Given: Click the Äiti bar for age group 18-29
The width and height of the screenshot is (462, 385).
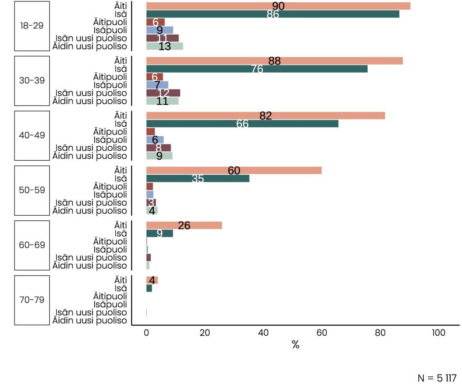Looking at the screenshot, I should coord(278,6).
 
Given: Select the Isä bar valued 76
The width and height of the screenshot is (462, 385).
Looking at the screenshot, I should coord(257,69).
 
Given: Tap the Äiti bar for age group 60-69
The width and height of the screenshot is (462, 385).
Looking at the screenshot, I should coord(184,225).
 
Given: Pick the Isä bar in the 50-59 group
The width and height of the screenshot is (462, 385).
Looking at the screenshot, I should coord(198,178).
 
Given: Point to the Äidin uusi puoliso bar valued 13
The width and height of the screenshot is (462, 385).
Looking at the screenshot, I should coord(165,46).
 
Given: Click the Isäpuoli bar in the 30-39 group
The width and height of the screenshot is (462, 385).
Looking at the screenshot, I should coord(157,85).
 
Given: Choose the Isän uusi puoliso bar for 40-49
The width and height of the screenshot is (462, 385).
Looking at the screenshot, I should coord(158,148).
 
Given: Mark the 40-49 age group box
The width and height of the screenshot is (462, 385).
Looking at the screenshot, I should coord(32,135).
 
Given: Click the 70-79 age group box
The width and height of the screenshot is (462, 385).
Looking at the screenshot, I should coord(32,300).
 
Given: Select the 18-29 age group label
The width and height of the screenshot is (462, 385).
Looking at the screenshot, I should coord(32,26).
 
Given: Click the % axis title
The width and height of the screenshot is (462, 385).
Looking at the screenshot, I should coord(296,345).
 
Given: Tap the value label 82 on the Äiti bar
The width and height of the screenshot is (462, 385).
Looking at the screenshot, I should coord(266,116).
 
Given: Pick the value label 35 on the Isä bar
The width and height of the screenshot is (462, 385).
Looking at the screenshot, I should coord(198,179).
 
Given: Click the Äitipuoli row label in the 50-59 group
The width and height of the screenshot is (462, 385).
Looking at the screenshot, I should coord(110,186).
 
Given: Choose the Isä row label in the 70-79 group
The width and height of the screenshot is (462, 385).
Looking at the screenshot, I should coord(120,288).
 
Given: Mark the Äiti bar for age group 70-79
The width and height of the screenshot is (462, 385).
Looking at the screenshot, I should coord(152,280).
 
